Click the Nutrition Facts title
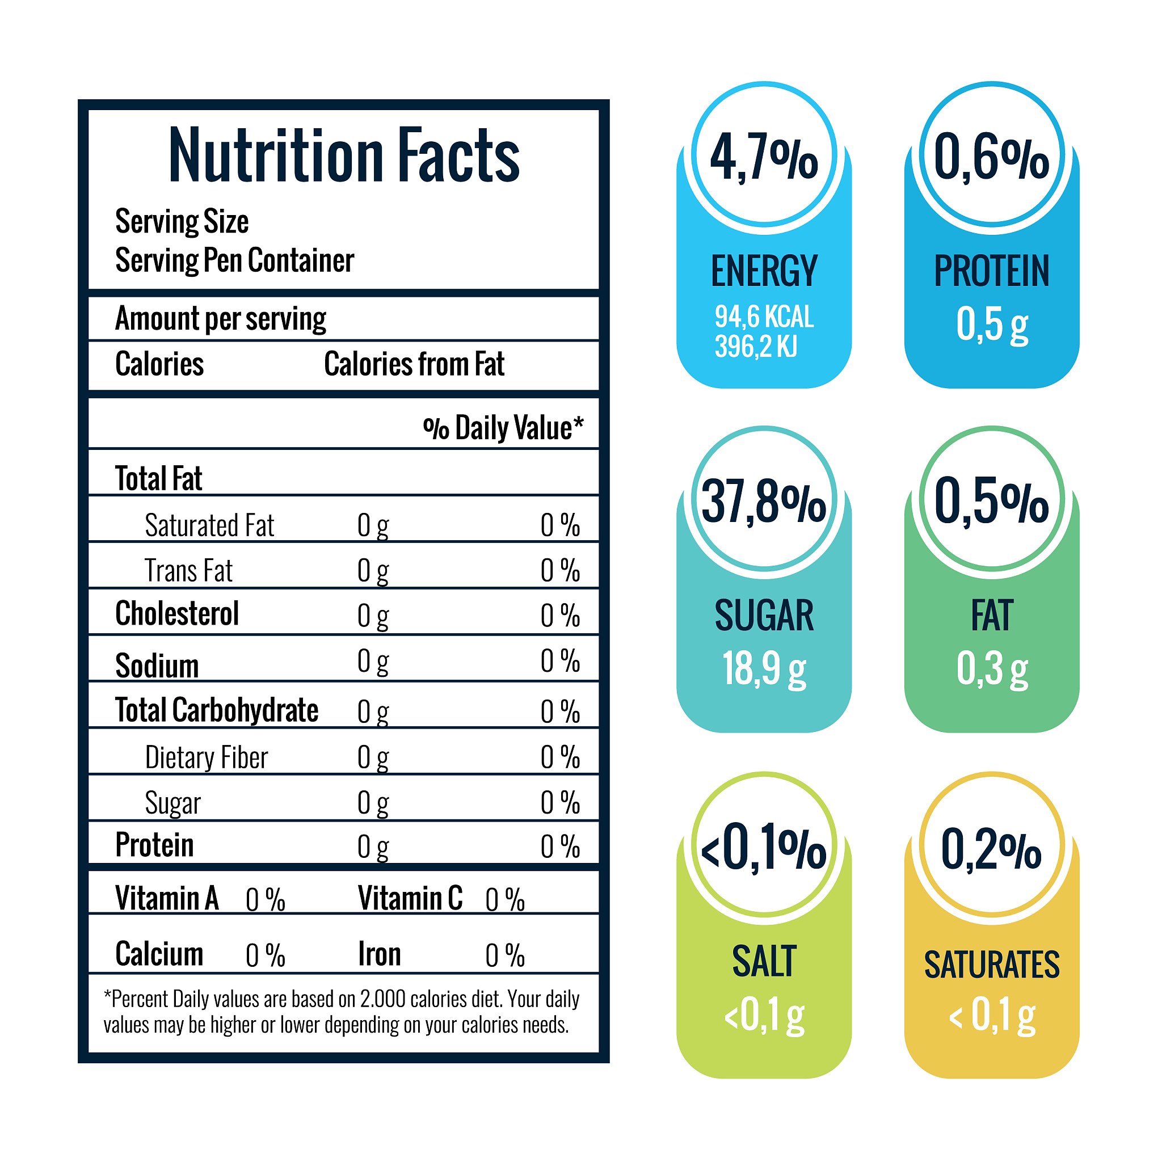pyautogui.click(x=343, y=156)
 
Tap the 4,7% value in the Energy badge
pyautogui.click(x=764, y=158)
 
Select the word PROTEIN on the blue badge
pyautogui.click(x=991, y=271)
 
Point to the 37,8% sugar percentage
pyautogui.click(x=764, y=502)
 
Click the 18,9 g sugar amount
pyautogui.click(x=764, y=668)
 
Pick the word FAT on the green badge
pyautogui.click(x=992, y=615)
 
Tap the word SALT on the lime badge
pyautogui.click(x=764, y=962)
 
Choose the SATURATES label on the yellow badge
pyautogui.click(x=992, y=965)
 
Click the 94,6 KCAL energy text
pyautogui.click(x=764, y=317)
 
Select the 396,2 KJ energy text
pyautogui.click(x=755, y=347)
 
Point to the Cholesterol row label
pyautogui.click(x=177, y=614)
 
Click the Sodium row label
pyautogui.click(x=157, y=666)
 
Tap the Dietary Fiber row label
pyautogui.click(x=207, y=757)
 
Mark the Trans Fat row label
pyautogui.click(x=188, y=571)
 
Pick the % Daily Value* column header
pyautogui.click(x=503, y=428)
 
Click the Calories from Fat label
pyautogui.click(x=414, y=364)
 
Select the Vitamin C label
pyautogui.click(x=410, y=899)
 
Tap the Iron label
pyautogui.click(x=379, y=954)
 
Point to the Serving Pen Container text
pyautogui.click(x=234, y=260)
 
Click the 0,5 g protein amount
pyautogui.click(x=992, y=325)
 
